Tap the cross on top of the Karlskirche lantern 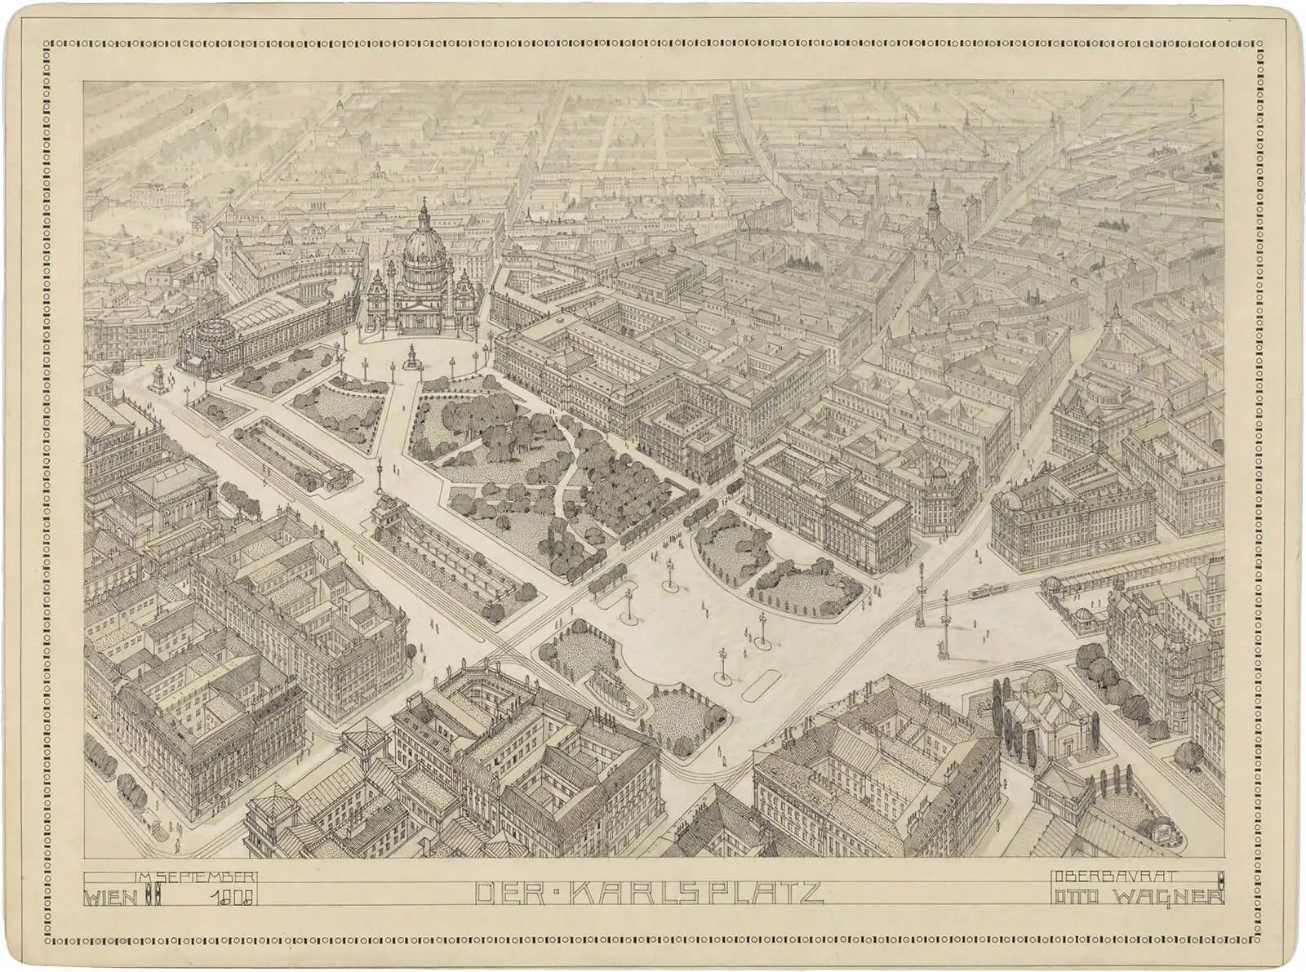(x=424, y=199)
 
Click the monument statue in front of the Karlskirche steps (x=413, y=353)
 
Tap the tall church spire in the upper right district (x=933, y=204)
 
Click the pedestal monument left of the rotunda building (x=158, y=378)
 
